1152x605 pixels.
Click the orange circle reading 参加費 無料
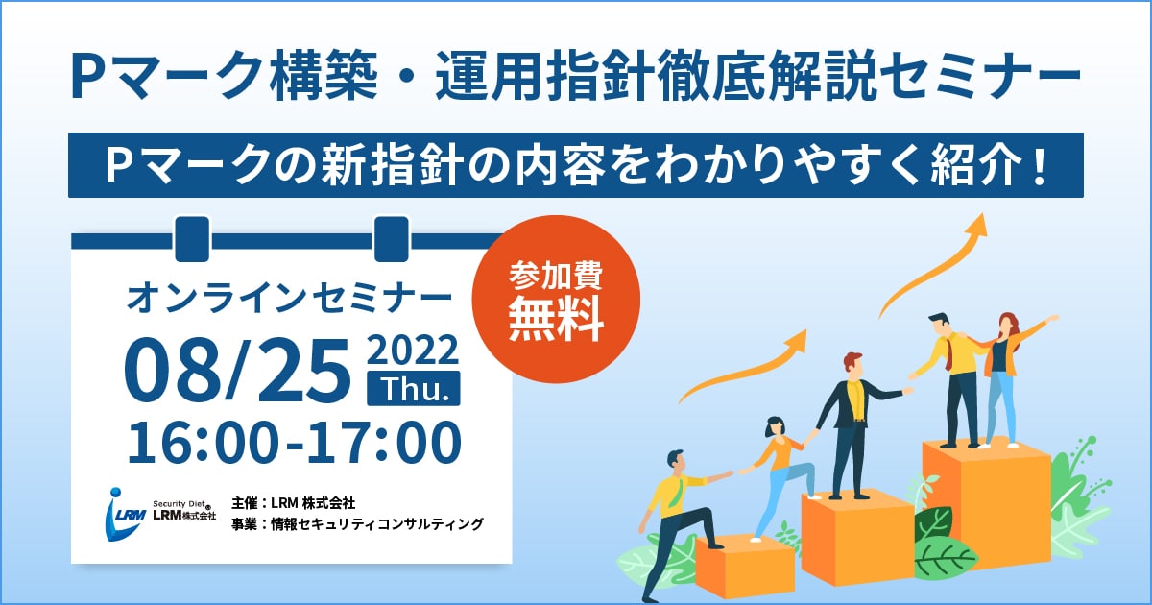tap(556, 299)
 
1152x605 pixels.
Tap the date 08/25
tap(237, 371)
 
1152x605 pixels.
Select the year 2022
tap(413, 350)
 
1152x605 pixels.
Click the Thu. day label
tap(414, 388)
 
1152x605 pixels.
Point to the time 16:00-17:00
tap(294, 442)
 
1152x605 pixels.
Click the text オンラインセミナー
tap(289, 299)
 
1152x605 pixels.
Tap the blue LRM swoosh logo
tap(124, 514)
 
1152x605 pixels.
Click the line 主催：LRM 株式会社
tap(293, 502)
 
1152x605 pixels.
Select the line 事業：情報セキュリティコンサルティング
tap(357, 524)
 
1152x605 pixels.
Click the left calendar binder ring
tap(192, 239)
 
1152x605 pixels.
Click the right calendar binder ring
tap(392, 239)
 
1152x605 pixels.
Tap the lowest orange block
tap(745, 567)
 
